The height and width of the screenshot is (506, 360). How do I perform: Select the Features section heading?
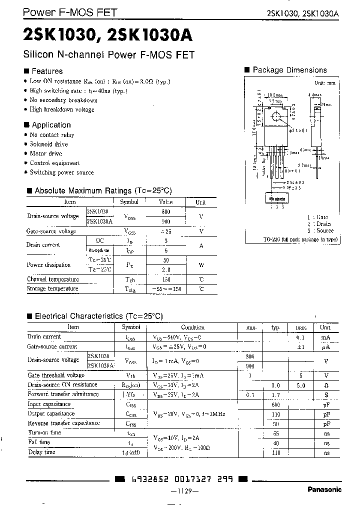(x=47, y=71)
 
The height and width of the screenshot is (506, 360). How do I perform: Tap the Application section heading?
(x=51, y=125)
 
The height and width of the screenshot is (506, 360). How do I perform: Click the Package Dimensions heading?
(x=289, y=70)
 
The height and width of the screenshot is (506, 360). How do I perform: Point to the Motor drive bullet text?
(x=46, y=153)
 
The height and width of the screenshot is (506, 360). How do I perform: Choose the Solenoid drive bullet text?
(x=48, y=144)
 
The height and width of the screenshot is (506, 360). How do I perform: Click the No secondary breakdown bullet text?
(x=63, y=100)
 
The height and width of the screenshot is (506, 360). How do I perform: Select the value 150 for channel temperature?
(x=165, y=279)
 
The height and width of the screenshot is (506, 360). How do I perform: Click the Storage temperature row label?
(x=52, y=288)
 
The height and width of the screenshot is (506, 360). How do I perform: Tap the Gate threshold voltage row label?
(x=56, y=375)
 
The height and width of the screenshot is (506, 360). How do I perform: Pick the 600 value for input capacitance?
(x=275, y=404)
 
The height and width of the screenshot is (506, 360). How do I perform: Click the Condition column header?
(x=192, y=327)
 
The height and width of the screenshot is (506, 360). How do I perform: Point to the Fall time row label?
(x=39, y=442)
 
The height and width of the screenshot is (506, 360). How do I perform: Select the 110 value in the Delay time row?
(x=275, y=452)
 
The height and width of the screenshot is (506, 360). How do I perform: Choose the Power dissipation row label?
(x=48, y=265)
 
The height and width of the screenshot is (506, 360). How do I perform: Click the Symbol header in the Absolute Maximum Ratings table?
(x=129, y=202)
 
